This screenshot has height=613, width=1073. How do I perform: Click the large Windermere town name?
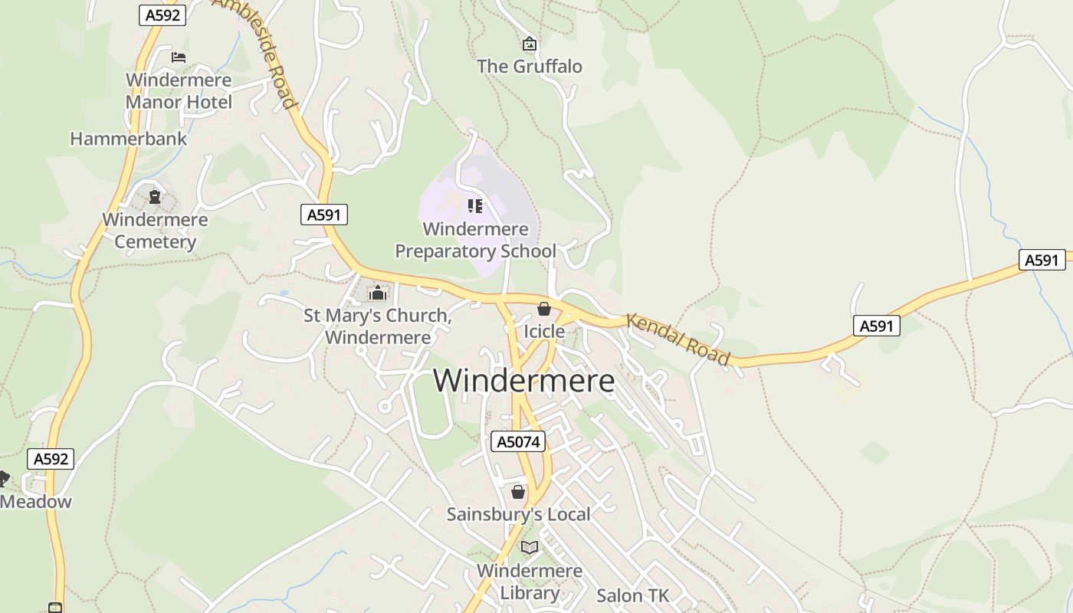coord(523,381)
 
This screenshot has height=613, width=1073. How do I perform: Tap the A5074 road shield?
coord(517,441)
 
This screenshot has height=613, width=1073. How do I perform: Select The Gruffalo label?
coord(530,67)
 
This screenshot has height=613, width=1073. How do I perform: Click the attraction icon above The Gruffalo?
coord(529,44)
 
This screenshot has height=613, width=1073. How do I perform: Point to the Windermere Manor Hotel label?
coord(179,90)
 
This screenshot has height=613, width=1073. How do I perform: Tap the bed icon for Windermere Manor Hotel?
coord(179,57)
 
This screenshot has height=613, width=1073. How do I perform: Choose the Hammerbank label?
coord(128,139)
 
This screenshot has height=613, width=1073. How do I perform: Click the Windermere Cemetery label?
coord(155,231)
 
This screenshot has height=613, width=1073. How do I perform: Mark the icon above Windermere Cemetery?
coord(155,197)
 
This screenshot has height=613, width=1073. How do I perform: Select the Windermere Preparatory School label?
coord(475,240)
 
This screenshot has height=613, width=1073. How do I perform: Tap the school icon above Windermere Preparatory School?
coord(475,205)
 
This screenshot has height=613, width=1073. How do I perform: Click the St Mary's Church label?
coord(377,326)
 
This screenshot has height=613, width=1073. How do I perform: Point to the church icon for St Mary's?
coord(377,293)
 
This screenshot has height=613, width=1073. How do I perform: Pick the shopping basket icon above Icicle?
coord(544,309)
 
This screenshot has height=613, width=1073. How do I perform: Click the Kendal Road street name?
coord(678,338)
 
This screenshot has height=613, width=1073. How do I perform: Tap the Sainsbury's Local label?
coord(518,514)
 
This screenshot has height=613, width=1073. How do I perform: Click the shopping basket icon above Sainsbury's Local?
coord(518,492)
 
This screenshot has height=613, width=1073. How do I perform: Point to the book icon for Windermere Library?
coord(529,547)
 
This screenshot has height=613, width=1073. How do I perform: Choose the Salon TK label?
coord(632,595)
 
